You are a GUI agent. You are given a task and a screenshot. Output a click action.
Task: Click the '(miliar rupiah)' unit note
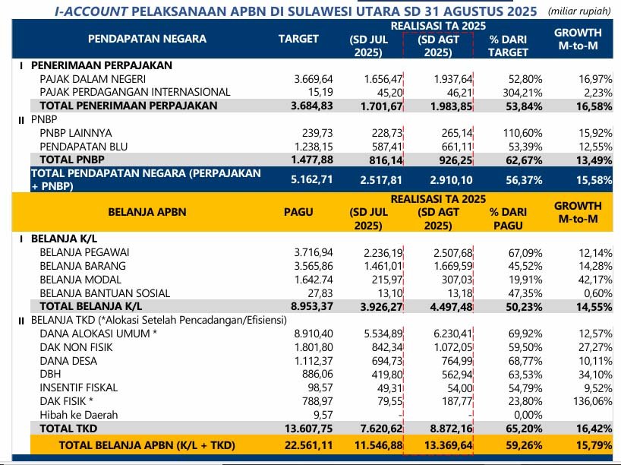point(579,12)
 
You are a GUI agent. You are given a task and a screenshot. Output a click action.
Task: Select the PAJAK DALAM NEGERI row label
point(93,79)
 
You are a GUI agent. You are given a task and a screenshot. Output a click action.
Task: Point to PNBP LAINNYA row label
point(77,133)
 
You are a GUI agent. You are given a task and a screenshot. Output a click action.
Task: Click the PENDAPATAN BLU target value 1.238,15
point(313,146)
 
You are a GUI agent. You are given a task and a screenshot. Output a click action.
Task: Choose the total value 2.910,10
point(451,179)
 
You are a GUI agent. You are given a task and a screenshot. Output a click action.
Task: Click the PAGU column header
point(298,212)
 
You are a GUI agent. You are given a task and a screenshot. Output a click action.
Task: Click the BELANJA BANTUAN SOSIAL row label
point(105,293)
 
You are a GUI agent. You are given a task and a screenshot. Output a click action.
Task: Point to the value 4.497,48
point(451,307)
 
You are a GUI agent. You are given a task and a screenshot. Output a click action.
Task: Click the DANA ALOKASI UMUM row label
point(98,334)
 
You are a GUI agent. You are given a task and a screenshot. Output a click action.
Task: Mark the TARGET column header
point(298,39)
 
